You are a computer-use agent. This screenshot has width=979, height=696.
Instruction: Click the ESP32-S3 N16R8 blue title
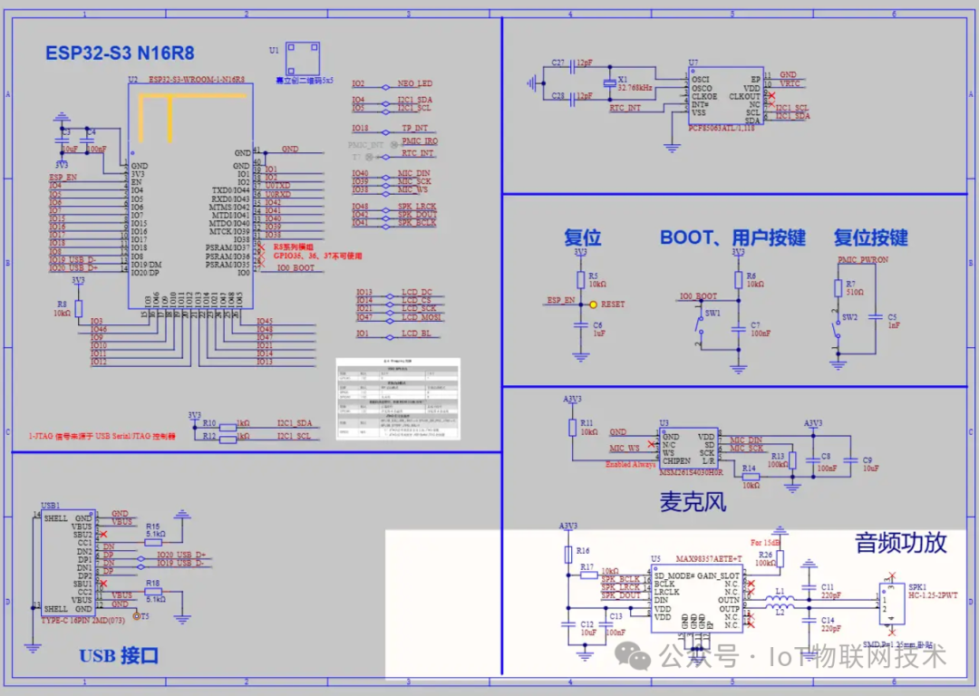click(120, 53)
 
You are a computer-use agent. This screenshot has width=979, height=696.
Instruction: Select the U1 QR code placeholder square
click(305, 60)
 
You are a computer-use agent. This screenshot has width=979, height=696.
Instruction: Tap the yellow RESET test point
click(593, 304)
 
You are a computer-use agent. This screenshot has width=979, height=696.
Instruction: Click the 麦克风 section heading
click(693, 501)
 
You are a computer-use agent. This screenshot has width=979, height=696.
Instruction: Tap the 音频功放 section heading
click(901, 543)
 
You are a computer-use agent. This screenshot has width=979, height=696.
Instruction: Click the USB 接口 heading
click(119, 655)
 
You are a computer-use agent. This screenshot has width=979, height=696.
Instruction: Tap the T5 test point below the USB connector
click(137, 616)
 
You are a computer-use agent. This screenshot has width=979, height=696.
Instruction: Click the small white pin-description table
click(398, 400)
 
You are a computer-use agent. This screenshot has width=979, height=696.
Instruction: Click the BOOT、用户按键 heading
click(732, 238)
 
